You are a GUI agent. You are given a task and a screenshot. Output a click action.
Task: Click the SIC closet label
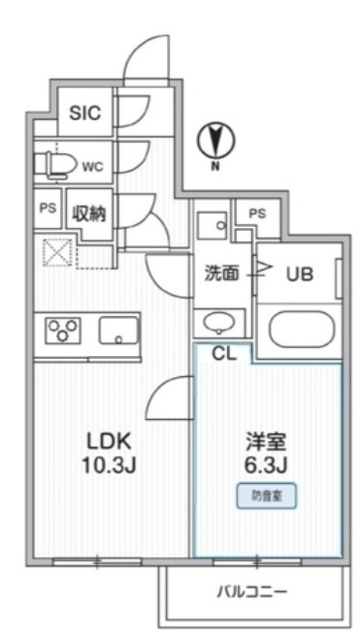[85, 112]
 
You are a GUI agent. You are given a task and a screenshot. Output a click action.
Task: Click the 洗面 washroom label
[221, 273]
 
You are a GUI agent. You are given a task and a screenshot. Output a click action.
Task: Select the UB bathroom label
[298, 273]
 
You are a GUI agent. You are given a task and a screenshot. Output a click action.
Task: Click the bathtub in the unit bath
[303, 330]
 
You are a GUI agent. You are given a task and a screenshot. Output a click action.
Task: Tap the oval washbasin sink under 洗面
[220, 322]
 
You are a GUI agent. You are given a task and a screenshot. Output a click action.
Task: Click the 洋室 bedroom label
[265, 441]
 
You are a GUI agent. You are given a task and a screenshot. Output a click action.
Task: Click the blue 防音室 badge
[265, 496]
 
